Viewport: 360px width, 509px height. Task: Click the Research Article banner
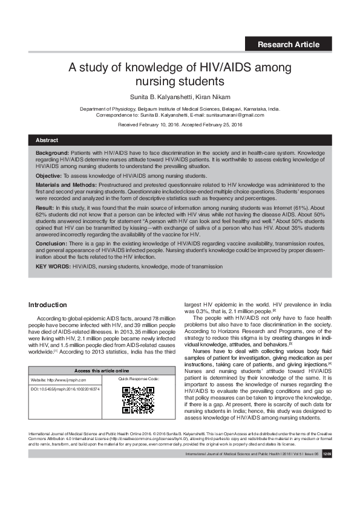coord(288,44)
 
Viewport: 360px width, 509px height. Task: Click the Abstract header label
coord(47,140)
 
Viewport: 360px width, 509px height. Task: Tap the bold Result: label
coord(46,207)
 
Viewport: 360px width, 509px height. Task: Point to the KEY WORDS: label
coord(53,267)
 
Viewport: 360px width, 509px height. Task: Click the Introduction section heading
coord(48,305)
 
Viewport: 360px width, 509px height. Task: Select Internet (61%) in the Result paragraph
coord(296,207)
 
